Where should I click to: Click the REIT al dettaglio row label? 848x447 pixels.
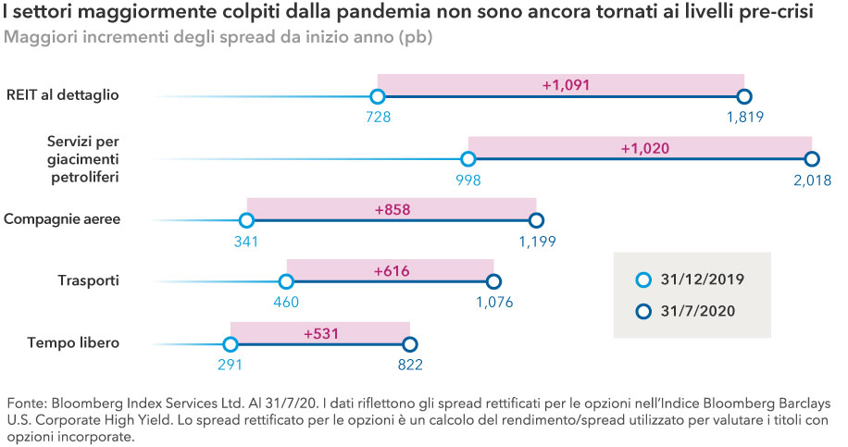[62, 94]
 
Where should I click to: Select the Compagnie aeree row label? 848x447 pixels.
[62, 219]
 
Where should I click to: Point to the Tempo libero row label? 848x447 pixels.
[74, 342]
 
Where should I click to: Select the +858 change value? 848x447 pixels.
[393, 210]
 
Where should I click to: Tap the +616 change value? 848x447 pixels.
[391, 271]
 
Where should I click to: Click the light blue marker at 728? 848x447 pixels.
[377, 96]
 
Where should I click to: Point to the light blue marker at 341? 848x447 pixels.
[246, 220]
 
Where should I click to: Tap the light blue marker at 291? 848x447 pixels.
[231, 343]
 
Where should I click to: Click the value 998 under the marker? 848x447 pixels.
[468, 179]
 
